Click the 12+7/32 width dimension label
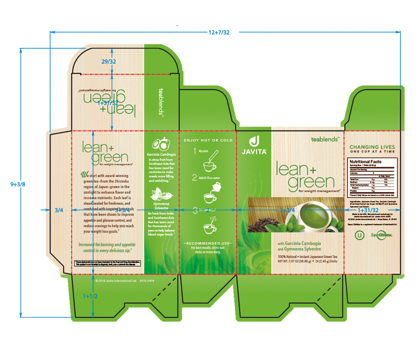point(219,32)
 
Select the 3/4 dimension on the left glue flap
point(58,210)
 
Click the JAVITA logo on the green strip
point(254,145)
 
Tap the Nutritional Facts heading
point(366,162)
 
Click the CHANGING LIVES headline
point(372,147)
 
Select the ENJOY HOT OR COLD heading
point(208,140)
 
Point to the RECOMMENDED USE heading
point(208,243)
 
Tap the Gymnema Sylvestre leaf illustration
point(161,195)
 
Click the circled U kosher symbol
point(358,234)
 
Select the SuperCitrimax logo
point(381,234)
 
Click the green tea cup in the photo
point(313,211)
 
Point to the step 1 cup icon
point(208,165)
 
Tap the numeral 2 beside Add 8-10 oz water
point(195,177)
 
